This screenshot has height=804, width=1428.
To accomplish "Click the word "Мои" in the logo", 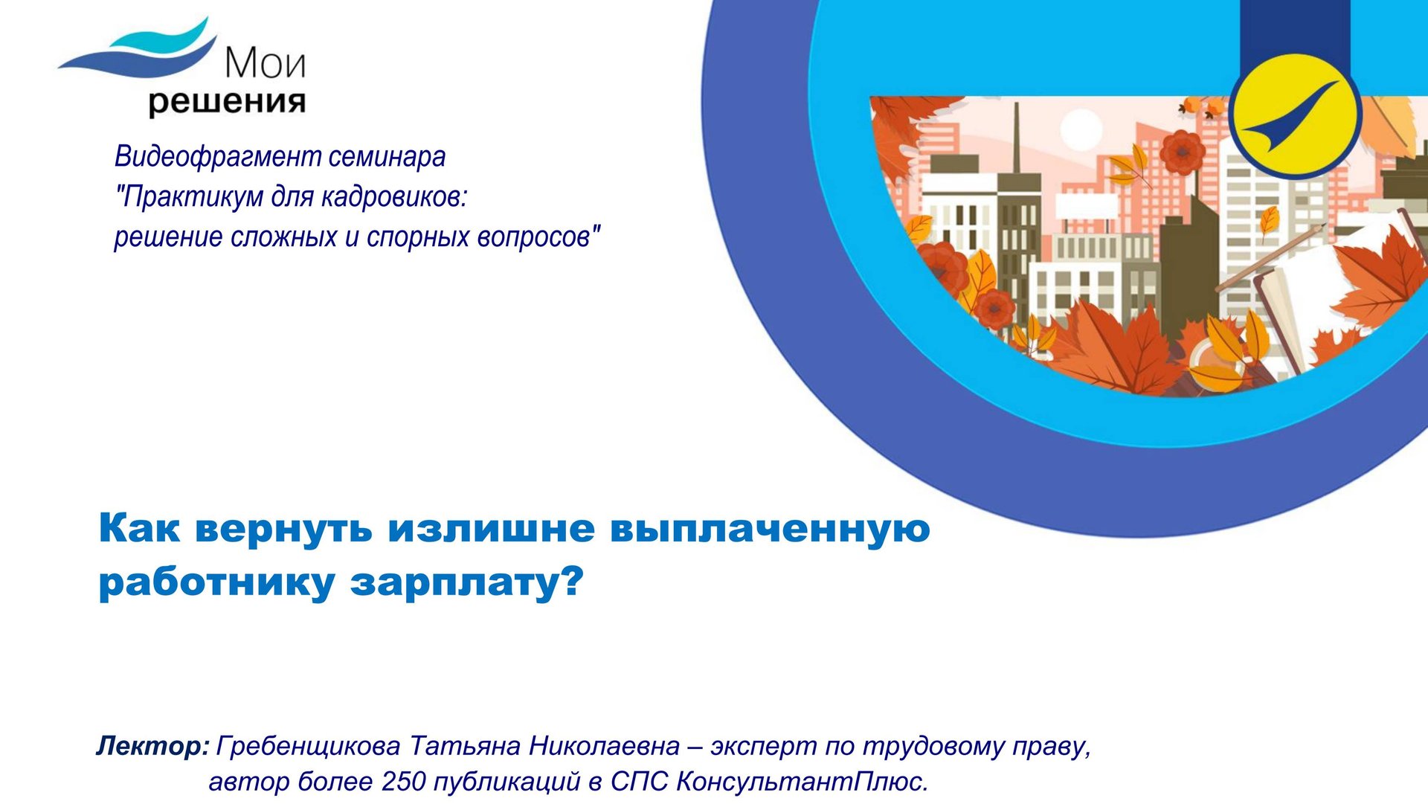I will point(265,63).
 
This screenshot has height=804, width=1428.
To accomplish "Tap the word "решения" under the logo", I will point(227,102).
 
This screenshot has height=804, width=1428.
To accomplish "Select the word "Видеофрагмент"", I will point(217,156).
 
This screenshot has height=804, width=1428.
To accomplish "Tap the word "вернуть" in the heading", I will point(283,529).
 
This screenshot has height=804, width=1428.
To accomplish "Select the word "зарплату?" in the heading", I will point(468,582).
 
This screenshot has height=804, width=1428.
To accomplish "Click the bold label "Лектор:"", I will point(152,746).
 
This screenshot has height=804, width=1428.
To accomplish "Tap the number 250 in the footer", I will point(403,782).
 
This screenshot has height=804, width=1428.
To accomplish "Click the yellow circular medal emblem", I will point(1295,115).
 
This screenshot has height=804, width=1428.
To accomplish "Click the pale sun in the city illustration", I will point(1080,131).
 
